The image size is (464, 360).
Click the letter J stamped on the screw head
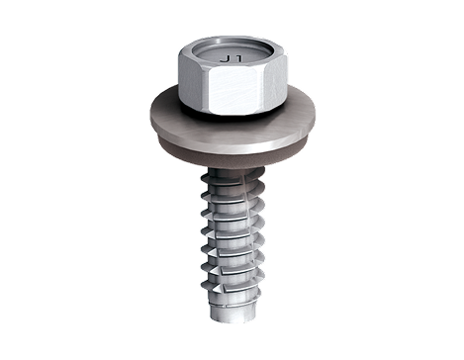230,59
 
